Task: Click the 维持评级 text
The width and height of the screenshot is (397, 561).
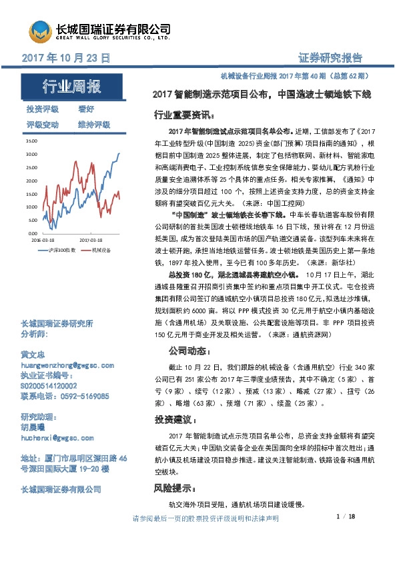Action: click(x=94, y=125)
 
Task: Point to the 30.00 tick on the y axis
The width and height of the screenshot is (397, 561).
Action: click(x=32, y=155)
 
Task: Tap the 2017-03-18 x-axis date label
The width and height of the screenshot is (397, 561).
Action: click(x=91, y=237)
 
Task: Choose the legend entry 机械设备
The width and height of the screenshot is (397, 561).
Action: click(x=101, y=249)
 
